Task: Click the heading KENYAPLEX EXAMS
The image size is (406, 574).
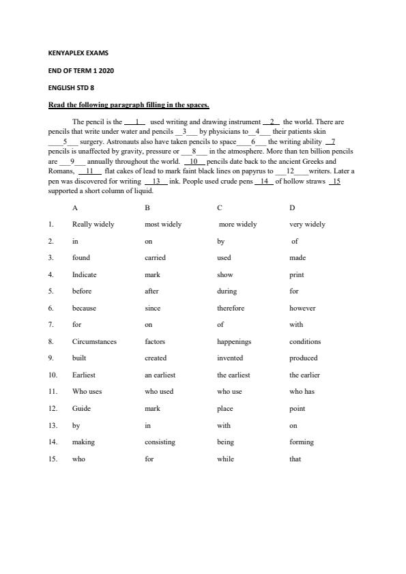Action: (x=78, y=53)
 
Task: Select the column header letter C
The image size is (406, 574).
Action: (x=220, y=207)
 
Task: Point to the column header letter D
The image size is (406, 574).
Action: (x=292, y=207)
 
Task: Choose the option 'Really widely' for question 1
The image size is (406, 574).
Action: (x=93, y=224)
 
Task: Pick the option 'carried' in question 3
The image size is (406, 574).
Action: (x=155, y=258)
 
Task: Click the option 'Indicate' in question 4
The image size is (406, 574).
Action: (x=85, y=274)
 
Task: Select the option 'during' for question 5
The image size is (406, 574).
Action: (x=227, y=291)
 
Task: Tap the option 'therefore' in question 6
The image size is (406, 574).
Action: (x=231, y=308)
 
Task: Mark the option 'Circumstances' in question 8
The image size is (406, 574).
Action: (x=94, y=341)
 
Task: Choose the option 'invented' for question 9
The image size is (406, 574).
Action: (x=230, y=358)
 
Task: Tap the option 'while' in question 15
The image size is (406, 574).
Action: (x=225, y=459)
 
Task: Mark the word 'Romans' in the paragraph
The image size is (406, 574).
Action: (x=61, y=171)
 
